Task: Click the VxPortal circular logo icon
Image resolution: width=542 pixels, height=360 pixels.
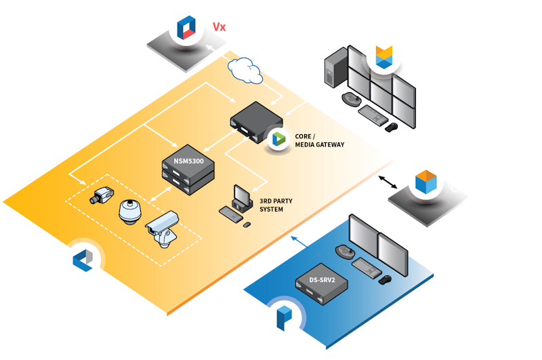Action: [x=186, y=28]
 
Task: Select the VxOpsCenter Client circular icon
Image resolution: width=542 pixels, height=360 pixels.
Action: [x=385, y=57]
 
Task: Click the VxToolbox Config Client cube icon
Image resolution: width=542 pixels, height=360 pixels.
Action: [x=424, y=182]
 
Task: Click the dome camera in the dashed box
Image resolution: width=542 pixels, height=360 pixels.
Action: [x=129, y=212]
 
